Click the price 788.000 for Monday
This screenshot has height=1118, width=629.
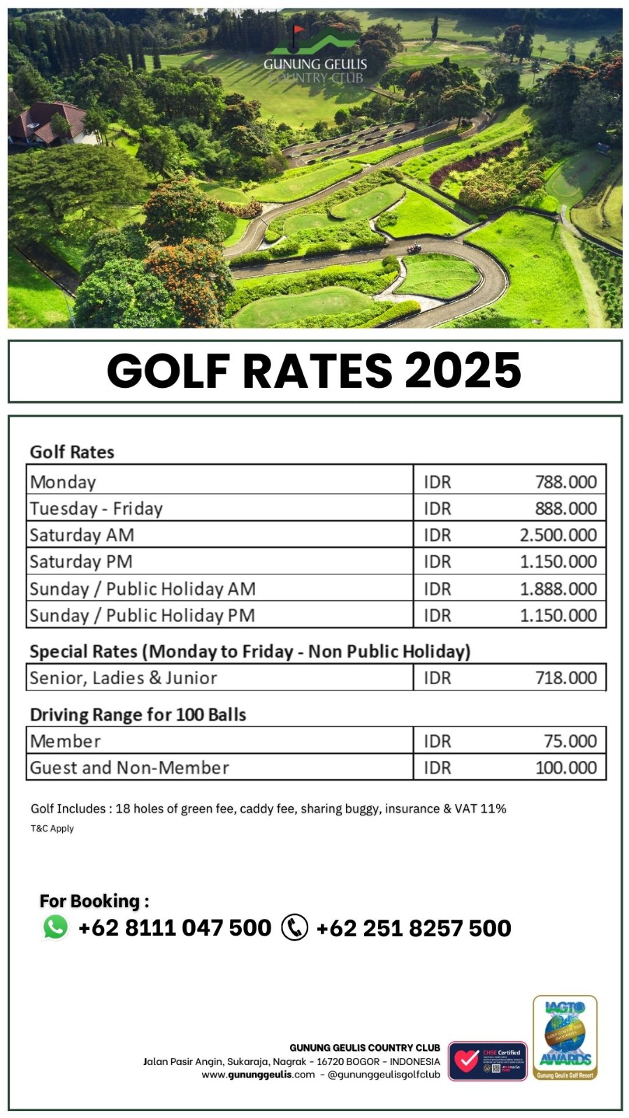click(x=565, y=481)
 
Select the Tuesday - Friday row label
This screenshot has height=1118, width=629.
click(x=96, y=508)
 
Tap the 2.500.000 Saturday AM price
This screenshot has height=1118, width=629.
click(x=558, y=535)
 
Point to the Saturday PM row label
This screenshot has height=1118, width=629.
click(x=81, y=561)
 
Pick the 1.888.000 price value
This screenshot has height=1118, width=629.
click(x=558, y=588)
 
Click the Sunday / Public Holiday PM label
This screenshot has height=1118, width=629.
click(x=142, y=615)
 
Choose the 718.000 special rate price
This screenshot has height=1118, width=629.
click(x=565, y=677)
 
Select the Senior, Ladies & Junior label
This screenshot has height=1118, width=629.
click(x=123, y=677)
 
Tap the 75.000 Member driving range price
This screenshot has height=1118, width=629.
click(x=570, y=741)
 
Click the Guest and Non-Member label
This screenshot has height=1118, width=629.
click(x=129, y=767)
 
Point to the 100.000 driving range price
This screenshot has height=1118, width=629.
click(x=565, y=767)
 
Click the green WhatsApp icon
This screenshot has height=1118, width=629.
click(x=56, y=927)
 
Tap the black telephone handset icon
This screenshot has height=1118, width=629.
click(x=294, y=927)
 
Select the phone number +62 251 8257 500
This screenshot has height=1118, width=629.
click(x=413, y=928)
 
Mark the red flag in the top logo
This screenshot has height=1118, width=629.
click(x=298, y=31)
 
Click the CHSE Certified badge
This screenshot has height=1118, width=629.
click(x=488, y=1061)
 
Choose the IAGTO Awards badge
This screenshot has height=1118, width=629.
click(x=565, y=1038)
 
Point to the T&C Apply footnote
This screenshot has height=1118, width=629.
click(x=52, y=829)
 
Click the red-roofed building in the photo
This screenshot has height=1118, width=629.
click(x=45, y=122)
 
